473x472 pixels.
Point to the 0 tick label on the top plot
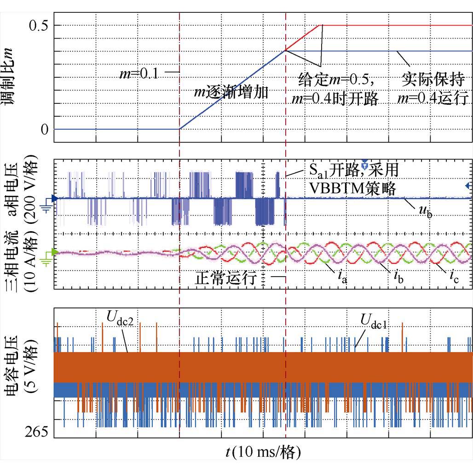tap(44, 130)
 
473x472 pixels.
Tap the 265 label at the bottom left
tap(36, 432)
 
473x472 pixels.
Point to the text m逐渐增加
tap(231, 92)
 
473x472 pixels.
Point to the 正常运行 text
tap(225, 279)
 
